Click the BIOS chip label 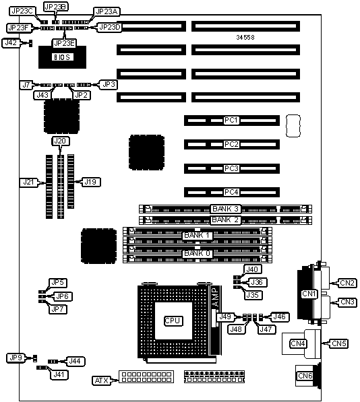(x=63, y=57)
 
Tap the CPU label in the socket (x=173, y=321)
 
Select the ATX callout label (x=102, y=380)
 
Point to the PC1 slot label (x=232, y=121)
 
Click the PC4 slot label (x=232, y=192)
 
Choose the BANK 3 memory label (x=226, y=209)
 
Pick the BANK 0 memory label (x=198, y=254)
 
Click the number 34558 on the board (x=245, y=38)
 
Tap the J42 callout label (x=11, y=43)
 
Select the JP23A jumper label (x=107, y=12)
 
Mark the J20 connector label (x=60, y=141)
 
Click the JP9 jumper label (x=16, y=358)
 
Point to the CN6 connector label (x=305, y=376)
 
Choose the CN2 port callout (x=347, y=283)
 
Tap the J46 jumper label (x=279, y=317)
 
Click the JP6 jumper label (x=63, y=296)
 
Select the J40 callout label (x=253, y=269)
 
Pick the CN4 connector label (x=298, y=343)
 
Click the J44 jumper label (x=76, y=362)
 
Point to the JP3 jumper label (x=109, y=84)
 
